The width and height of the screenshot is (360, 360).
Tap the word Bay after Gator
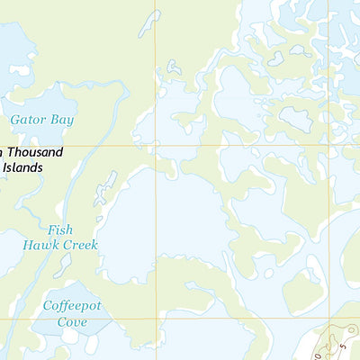point(63,120)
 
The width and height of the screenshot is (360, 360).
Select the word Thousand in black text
point(36,153)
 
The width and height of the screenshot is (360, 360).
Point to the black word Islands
point(28,167)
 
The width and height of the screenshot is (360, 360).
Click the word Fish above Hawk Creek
point(61,229)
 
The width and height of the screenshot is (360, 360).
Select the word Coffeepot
point(73,307)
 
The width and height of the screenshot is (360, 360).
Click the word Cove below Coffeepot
point(72,322)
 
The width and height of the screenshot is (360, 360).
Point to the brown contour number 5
point(343,345)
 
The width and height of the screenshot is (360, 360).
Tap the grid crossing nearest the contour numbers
point(328,318)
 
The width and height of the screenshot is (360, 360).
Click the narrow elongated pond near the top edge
point(149,23)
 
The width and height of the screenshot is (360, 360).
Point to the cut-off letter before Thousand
point(2,153)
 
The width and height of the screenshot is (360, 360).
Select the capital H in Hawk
point(29,245)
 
